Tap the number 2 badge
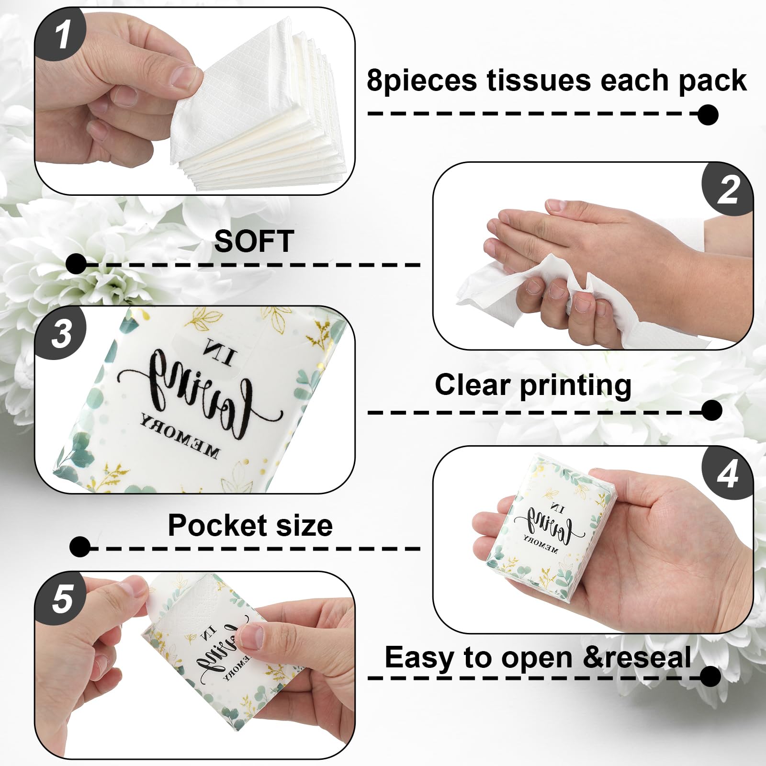pos(727,190)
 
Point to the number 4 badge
pos(727,474)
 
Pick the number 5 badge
pos(61,598)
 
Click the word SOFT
pos(254,241)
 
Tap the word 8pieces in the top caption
pos(421,80)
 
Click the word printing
pos(575,385)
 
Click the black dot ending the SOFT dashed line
pos(76,264)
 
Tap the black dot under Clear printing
pos(711,410)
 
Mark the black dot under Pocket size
pos(79,547)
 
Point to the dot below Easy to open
pos(710,676)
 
